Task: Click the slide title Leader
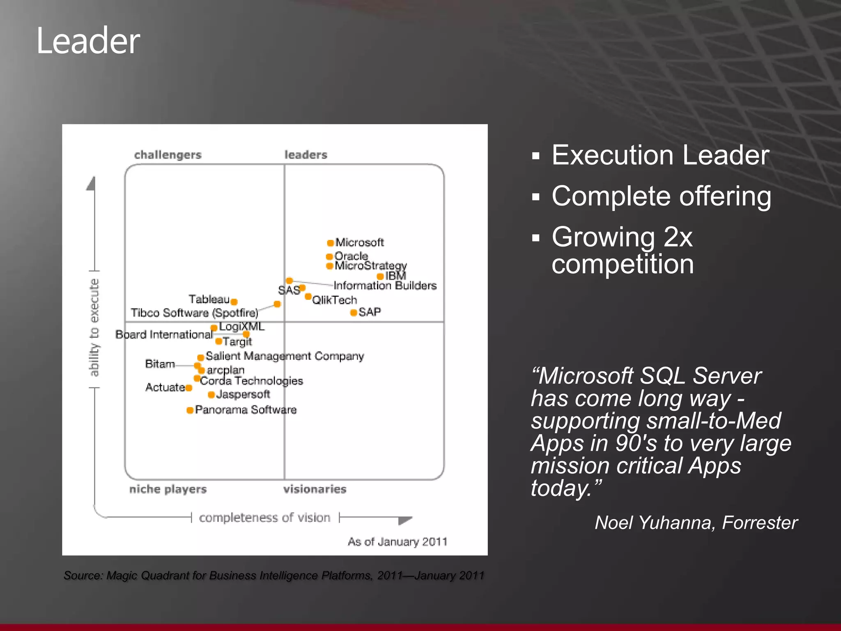(88, 41)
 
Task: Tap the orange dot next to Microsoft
(330, 243)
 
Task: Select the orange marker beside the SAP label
(353, 313)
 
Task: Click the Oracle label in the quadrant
(351, 256)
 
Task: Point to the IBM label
(395, 276)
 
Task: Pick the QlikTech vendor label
(335, 300)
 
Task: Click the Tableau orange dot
(234, 302)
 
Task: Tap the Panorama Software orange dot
(190, 410)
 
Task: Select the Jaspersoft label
(243, 394)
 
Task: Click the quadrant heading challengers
(168, 155)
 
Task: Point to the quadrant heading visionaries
(315, 489)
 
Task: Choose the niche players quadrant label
(168, 489)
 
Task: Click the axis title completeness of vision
(264, 518)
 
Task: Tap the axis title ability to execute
(94, 327)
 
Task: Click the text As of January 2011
(397, 542)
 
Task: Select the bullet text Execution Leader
(660, 155)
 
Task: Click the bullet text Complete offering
(661, 196)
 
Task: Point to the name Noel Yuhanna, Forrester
(696, 523)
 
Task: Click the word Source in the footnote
(82, 576)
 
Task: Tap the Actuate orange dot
(188, 388)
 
